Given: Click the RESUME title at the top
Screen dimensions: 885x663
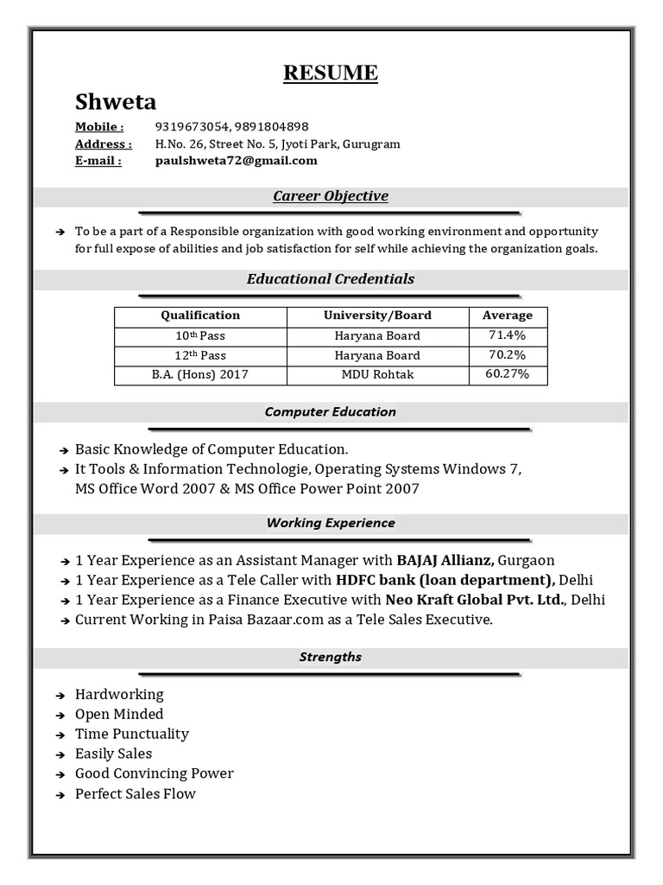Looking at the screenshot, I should point(331,73).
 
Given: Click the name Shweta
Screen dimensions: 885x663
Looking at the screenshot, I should point(116,102).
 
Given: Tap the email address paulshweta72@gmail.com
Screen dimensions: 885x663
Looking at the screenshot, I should point(236,160).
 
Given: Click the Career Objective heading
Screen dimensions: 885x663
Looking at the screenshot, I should point(331,196).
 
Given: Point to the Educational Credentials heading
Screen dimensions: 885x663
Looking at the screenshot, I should point(331,279).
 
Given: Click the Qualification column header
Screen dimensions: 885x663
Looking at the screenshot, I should point(200,315).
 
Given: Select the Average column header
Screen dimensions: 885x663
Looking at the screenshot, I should point(508,315).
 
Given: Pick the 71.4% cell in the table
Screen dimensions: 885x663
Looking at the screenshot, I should point(508,335).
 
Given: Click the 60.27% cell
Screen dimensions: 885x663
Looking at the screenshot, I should point(508,374).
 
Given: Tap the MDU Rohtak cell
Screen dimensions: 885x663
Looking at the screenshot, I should point(377,374).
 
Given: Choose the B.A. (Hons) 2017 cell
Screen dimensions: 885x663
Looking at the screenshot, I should point(200,374).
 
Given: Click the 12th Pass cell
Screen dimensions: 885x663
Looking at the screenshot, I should point(200,355).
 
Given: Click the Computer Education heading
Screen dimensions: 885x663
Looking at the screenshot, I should point(331,412).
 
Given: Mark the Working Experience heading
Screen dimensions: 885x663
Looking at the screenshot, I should point(331,523).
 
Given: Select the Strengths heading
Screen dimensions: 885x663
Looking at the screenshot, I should point(331,657).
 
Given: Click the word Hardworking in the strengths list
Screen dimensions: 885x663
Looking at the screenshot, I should point(119,694).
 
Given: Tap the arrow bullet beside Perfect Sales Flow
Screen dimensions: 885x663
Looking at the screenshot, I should point(60,794).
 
